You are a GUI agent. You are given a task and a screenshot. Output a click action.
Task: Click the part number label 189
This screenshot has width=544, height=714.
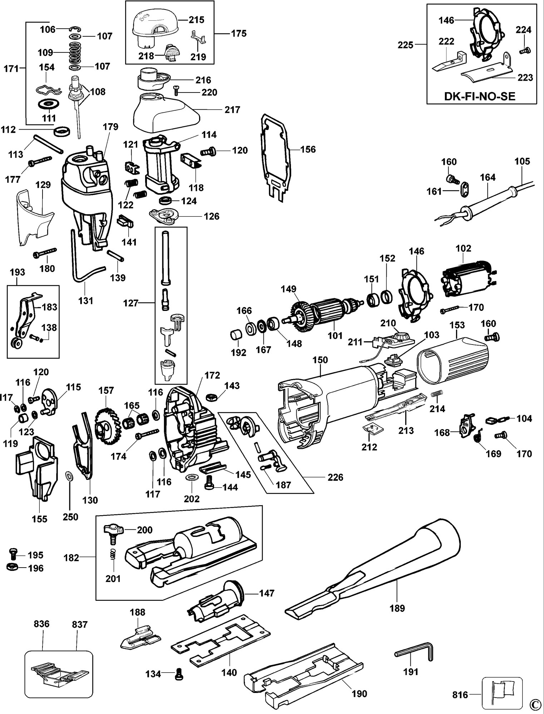397,608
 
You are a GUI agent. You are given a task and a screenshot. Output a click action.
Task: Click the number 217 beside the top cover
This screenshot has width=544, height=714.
232,110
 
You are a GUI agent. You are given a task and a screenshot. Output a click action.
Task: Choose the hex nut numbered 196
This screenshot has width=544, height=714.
13,567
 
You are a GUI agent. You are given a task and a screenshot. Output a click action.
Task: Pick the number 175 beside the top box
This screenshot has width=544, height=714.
239,34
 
